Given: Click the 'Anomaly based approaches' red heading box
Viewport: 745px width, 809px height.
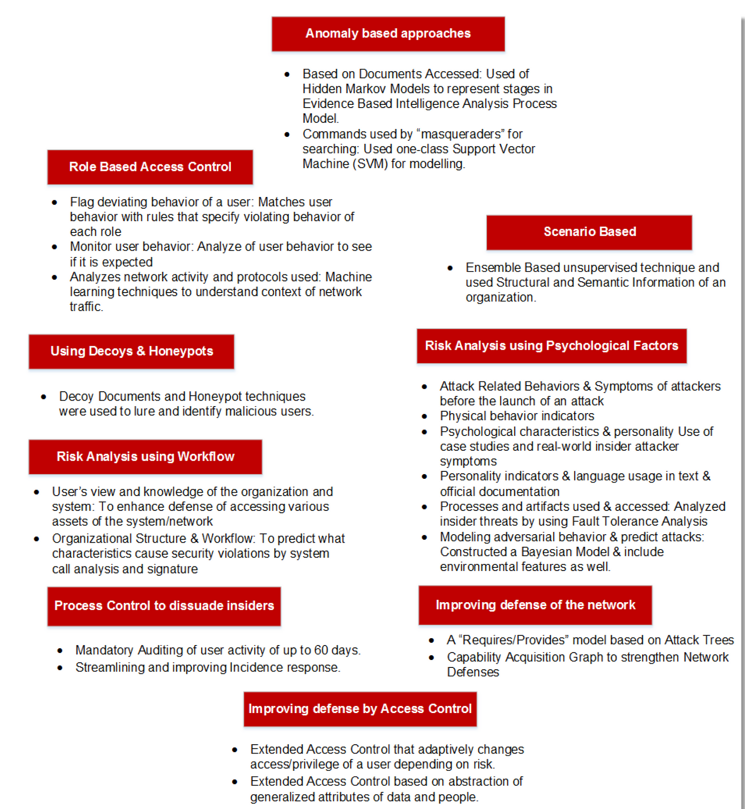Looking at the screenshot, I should (x=388, y=34).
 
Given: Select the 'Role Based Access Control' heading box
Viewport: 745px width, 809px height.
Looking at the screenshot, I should (x=150, y=167).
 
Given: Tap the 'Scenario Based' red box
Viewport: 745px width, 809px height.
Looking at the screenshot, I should (x=589, y=232).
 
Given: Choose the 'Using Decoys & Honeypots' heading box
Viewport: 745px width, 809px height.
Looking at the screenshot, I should (x=131, y=351).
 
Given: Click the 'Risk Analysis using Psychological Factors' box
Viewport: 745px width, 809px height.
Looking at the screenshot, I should (x=551, y=346).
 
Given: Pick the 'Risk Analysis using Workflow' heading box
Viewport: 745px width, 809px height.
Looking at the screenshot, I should (x=145, y=456).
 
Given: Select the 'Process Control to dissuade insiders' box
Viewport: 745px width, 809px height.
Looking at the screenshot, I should (x=164, y=605).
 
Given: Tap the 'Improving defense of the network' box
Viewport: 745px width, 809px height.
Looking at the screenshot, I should (x=535, y=605).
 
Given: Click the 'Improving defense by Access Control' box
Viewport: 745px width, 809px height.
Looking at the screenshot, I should (x=360, y=709).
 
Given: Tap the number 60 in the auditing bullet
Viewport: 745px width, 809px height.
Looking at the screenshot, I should (x=321, y=650).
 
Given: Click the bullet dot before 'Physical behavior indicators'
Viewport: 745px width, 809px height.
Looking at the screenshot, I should (x=424, y=416).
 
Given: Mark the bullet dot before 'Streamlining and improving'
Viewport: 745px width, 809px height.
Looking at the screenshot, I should (x=60, y=668).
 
